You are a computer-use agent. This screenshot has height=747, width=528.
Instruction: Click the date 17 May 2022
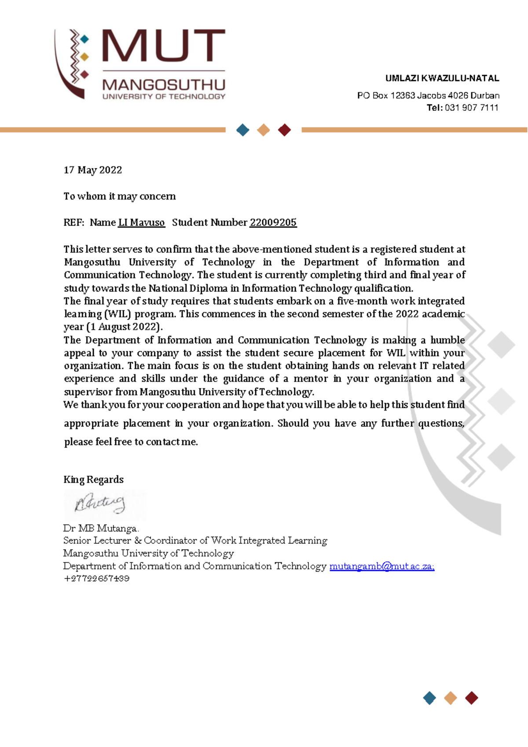click(x=93, y=170)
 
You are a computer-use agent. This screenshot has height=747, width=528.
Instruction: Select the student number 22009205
click(x=273, y=223)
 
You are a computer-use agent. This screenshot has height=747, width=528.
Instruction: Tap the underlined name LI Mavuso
click(x=141, y=223)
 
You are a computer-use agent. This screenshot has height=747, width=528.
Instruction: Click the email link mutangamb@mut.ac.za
click(x=381, y=566)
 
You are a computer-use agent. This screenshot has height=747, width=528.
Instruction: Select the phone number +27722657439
click(x=96, y=579)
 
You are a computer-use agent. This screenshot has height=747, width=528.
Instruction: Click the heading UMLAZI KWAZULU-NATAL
click(x=442, y=79)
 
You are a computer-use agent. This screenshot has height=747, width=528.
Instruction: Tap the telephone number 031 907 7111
click(x=472, y=108)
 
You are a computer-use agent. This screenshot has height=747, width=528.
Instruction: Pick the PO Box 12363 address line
click(x=428, y=96)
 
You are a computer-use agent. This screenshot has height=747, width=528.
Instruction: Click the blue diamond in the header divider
click(x=243, y=130)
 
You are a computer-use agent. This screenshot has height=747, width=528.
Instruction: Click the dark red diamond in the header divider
click(x=285, y=130)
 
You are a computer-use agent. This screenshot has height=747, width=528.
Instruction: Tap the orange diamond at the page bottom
click(x=451, y=698)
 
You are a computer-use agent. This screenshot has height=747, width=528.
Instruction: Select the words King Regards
click(x=93, y=480)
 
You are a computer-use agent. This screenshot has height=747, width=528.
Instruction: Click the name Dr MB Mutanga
click(x=101, y=528)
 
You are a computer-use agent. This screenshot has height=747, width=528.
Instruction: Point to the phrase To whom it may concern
click(x=119, y=196)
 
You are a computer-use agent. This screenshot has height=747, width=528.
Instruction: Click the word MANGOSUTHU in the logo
click(x=164, y=85)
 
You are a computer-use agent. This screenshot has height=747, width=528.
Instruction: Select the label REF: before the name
click(x=73, y=223)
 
